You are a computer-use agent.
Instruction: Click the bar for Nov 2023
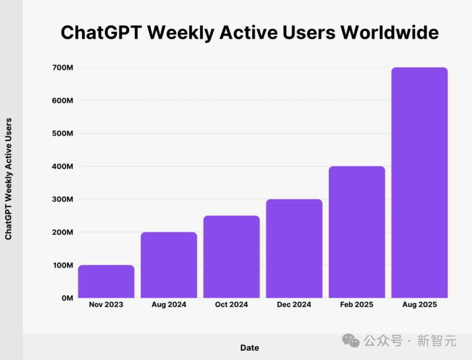(106, 281)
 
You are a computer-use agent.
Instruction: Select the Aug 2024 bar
(169, 265)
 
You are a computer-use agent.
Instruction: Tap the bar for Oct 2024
(231, 257)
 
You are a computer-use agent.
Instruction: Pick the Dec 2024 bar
(294, 249)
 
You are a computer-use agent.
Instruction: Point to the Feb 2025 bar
(357, 232)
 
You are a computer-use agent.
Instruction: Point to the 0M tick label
(67, 298)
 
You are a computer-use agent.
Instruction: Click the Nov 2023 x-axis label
(106, 305)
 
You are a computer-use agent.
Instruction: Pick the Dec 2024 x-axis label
(294, 305)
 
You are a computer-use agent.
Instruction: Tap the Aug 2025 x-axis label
(420, 305)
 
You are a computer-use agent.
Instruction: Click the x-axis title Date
(250, 348)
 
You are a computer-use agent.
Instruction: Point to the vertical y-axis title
(8, 179)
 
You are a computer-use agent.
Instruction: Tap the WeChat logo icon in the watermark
(351, 340)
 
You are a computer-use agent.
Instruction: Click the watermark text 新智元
(437, 340)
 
